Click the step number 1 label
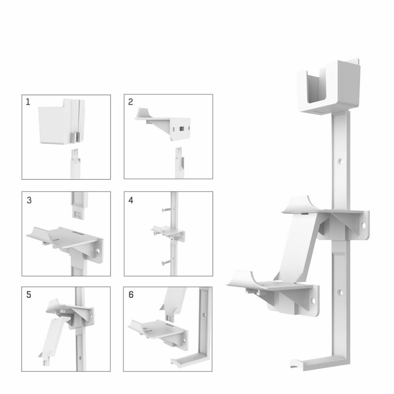coord(28,102)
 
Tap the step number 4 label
coord(131,200)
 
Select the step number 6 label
coord(131,295)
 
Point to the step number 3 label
coord(29,200)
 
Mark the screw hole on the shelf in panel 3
coord(97,249)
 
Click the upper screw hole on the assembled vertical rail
coord(340,161)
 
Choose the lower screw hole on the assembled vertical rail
coord(340,292)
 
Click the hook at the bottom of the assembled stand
coord(294,363)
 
